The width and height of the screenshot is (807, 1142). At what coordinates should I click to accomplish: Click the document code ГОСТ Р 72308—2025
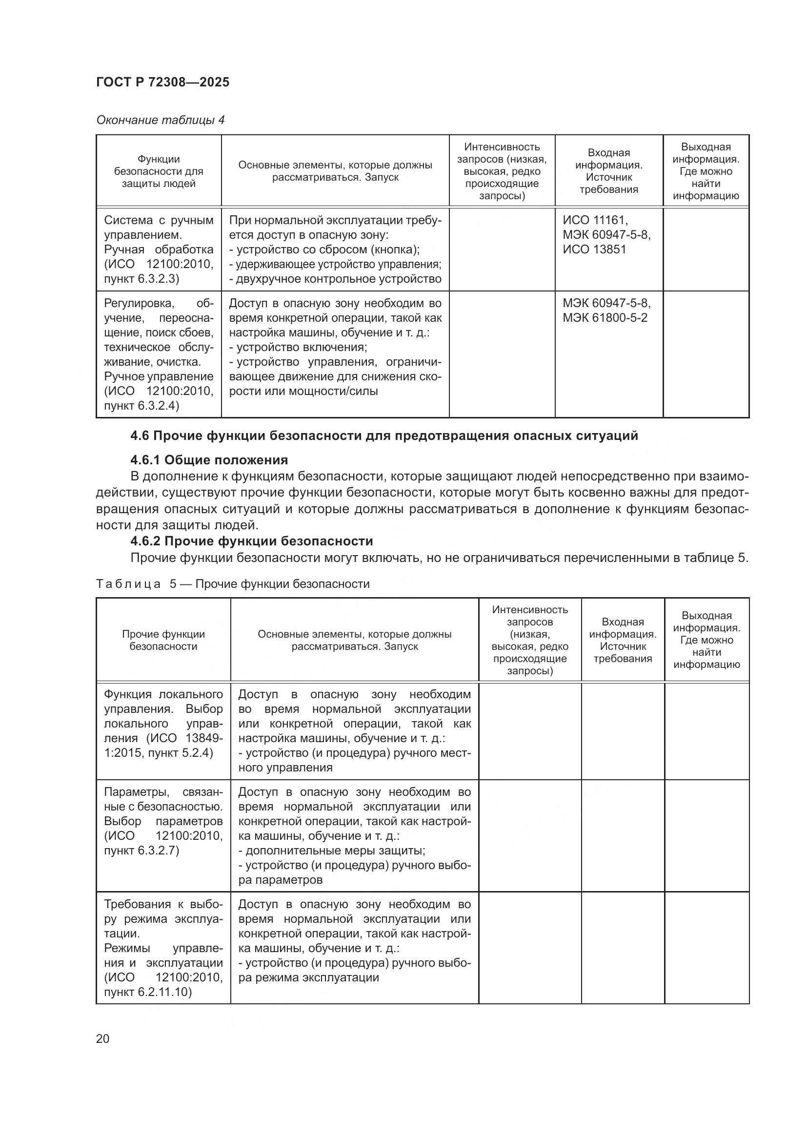(162, 82)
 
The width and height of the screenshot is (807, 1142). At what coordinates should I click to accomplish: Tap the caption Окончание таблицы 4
(160, 120)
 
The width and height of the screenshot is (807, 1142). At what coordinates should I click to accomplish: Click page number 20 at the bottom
(102, 1038)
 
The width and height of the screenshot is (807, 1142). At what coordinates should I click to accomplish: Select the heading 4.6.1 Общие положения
(209, 459)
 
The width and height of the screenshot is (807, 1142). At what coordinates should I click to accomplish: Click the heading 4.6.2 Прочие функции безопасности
(251, 540)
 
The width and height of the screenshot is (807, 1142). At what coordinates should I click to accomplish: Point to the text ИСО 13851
(594, 249)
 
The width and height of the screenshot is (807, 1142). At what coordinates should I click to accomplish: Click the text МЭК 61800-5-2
(605, 317)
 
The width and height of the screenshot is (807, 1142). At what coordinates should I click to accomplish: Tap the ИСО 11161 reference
(595, 220)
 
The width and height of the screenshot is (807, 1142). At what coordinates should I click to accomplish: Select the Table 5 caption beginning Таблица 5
(233, 583)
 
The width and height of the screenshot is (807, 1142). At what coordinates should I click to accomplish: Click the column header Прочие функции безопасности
(163, 640)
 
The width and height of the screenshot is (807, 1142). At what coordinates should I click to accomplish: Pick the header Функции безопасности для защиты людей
(159, 171)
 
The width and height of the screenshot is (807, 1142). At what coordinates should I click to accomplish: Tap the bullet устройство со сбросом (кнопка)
(325, 249)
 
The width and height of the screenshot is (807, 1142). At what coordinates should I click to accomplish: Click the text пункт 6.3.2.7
(141, 850)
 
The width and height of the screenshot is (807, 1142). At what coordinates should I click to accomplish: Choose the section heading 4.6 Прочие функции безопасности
(383, 435)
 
